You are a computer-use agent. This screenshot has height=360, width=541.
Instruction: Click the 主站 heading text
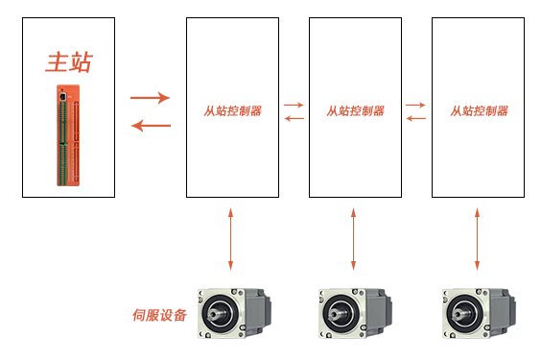tap(69, 63)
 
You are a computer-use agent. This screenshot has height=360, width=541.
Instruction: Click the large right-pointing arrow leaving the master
tap(150, 97)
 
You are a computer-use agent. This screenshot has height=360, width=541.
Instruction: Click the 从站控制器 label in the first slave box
tap(232, 111)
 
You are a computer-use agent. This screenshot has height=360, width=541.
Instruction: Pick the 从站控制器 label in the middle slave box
tap(355, 111)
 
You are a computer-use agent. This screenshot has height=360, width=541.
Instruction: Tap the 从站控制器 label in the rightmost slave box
tap(479, 111)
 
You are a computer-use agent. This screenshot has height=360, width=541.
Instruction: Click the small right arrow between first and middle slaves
tap(294, 105)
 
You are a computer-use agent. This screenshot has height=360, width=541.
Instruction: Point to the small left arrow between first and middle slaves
tap(294, 118)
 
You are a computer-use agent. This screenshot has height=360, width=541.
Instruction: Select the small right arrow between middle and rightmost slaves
tap(416, 105)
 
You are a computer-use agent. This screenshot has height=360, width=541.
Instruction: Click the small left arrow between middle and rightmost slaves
tap(416, 118)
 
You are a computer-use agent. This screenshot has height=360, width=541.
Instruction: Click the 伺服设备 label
tap(159, 315)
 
